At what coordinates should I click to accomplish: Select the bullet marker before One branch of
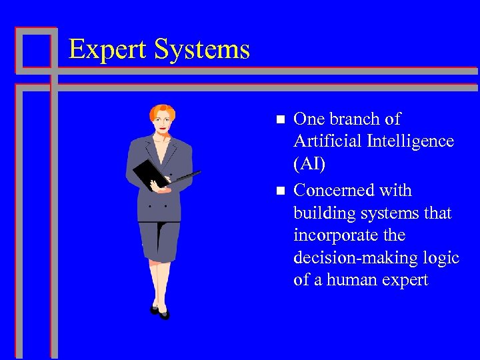coord(280,119)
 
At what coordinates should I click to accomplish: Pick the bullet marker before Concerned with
coord(280,191)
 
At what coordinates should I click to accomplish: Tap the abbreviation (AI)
coord(309,164)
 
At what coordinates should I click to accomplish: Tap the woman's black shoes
coord(159,311)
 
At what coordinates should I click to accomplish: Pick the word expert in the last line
coord(405,280)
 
